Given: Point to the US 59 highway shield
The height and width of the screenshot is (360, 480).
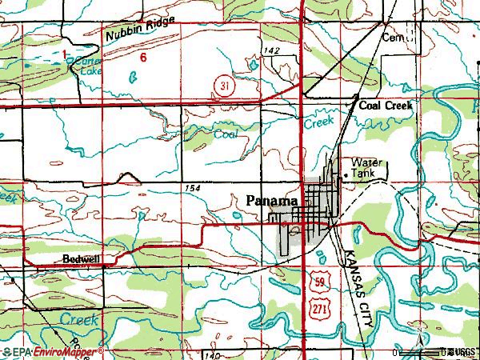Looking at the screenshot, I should click(318, 282).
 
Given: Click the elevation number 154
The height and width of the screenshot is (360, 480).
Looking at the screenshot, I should click(191, 187).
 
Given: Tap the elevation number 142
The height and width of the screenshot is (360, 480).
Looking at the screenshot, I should click(274, 51).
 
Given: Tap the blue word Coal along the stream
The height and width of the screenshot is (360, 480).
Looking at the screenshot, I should click(226, 135).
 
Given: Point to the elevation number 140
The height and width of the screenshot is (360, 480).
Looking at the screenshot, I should click(211, 354).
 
